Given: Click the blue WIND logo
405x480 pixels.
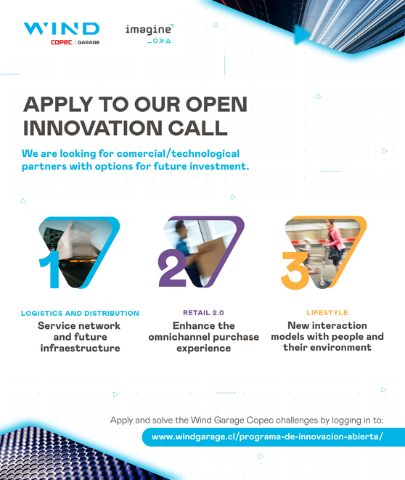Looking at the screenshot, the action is [62, 29].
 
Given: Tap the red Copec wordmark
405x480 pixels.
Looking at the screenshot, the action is [62, 42].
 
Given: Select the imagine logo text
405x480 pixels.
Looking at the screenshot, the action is [148, 30].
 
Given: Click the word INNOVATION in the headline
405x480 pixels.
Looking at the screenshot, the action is [93, 128].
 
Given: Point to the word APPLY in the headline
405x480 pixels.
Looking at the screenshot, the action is [58, 105].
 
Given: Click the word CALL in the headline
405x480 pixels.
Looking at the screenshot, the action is [197, 128].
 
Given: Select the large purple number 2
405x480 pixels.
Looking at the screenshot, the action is [172, 268].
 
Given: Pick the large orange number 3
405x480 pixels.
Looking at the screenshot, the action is [295, 271].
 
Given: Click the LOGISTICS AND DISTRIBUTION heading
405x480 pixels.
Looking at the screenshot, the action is [80, 314].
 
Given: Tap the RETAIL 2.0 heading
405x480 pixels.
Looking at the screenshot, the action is [203, 313].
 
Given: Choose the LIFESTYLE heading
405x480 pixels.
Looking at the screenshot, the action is [327, 313].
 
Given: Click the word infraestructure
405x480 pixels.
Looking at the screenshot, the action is [80, 348].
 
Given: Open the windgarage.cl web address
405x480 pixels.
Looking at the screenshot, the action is [267, 436].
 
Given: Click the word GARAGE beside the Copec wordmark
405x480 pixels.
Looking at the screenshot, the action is [89, 42].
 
